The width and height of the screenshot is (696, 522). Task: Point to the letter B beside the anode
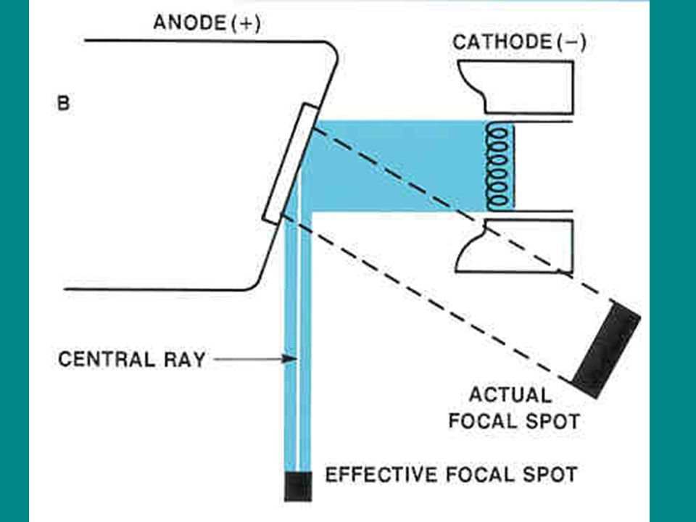pyautogui.click(x=63, y=104)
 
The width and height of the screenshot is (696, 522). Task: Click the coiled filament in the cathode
pyautogui.click(x=500, y=165)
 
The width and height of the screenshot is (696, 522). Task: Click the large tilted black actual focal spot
pyautogui.click(x=606, y=348)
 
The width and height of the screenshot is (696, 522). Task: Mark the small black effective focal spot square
pyautogui.click(x=298, y=486)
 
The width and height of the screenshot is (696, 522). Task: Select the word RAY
pyautogui.click(x=186, y=359)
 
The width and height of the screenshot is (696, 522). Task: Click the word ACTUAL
pyautogui.click(x=510, y=396)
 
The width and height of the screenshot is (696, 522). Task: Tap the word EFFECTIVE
pyautogui.click(x=378, y=476)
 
